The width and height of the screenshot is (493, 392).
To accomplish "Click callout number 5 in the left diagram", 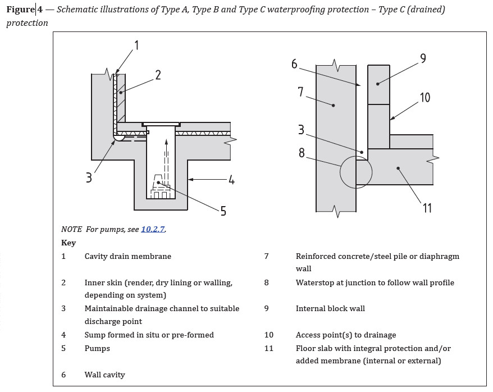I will (x=223, y=211).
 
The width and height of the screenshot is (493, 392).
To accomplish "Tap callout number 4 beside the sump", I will (x=231, y=180).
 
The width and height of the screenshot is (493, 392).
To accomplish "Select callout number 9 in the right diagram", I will (x=423, y=58).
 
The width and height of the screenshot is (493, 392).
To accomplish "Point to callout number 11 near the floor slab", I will (x=427, y=208).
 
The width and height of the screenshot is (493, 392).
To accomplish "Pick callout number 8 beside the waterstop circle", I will (x=302, y=152).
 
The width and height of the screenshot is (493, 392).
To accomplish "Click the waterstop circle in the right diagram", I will (x=356, y=172).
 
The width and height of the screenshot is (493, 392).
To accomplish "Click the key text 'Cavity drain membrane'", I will (x=127, y=256).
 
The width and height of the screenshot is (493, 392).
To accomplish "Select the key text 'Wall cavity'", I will (x=104, y=375).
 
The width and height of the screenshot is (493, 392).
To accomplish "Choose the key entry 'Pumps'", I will (x=97, y=348).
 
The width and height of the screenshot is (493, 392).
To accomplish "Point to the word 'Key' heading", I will (x=69, y=243).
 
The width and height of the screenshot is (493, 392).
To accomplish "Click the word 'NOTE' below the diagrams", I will (x=71, y=229).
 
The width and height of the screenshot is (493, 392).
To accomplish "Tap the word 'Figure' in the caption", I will (x=20, y=10).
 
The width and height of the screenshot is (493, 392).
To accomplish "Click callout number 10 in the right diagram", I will (x=424, y=97).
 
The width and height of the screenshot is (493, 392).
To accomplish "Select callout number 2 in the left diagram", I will (x=158, y=74).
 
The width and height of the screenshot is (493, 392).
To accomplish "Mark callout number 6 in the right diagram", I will (x=294, y=64).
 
